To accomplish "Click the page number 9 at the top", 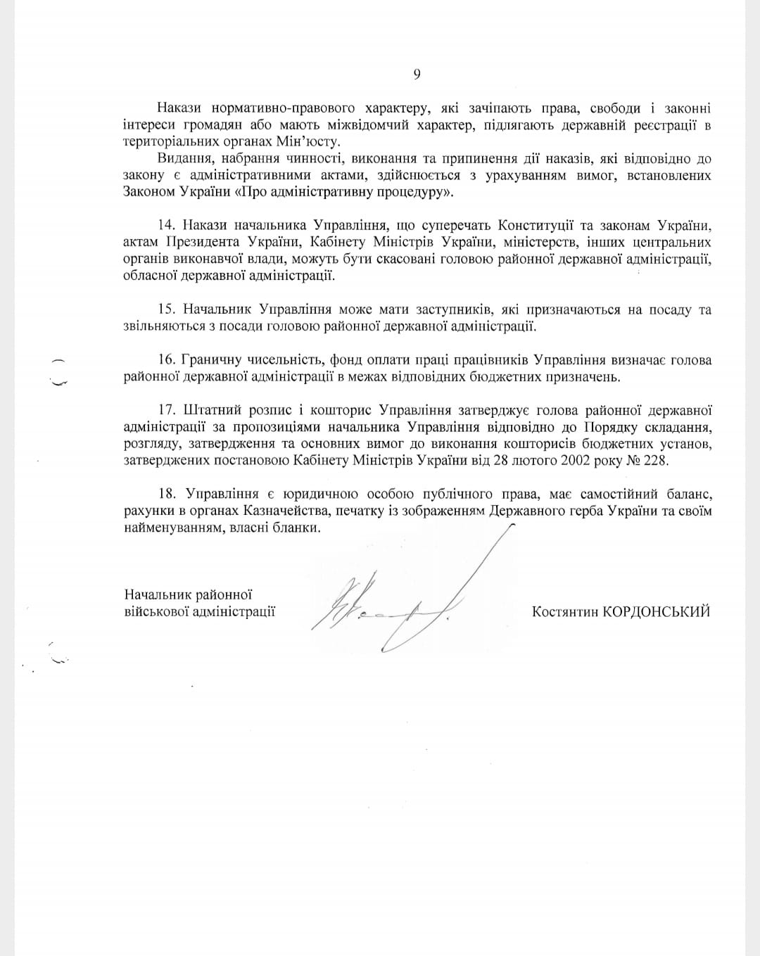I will coord(417,75).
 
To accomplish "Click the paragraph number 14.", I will coord(166,225).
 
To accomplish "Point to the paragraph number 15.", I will coord(166,310).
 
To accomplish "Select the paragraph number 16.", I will coord(166,360).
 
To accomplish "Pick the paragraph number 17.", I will coord(166,410).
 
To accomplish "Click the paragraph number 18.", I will coord(166,494).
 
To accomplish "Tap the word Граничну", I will coord(210,360).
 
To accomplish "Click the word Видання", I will coord(184,158).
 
